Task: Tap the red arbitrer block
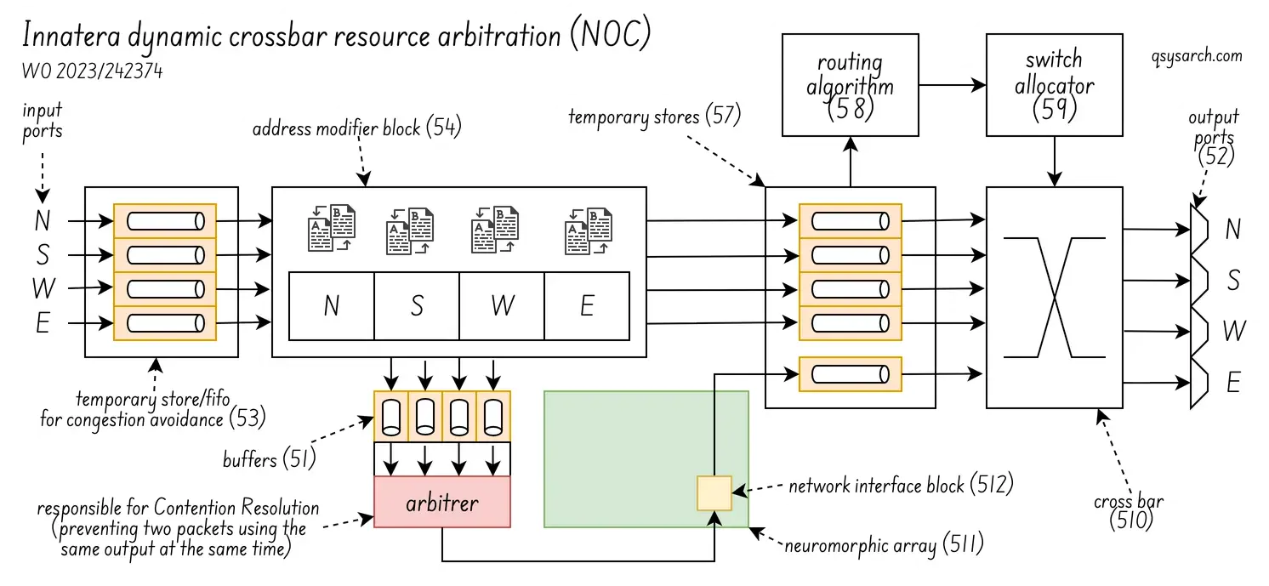click(442, 503)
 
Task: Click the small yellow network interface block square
click(714, 493)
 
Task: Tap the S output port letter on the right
click(1233, 280)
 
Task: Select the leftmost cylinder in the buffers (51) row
click(392, 417)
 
